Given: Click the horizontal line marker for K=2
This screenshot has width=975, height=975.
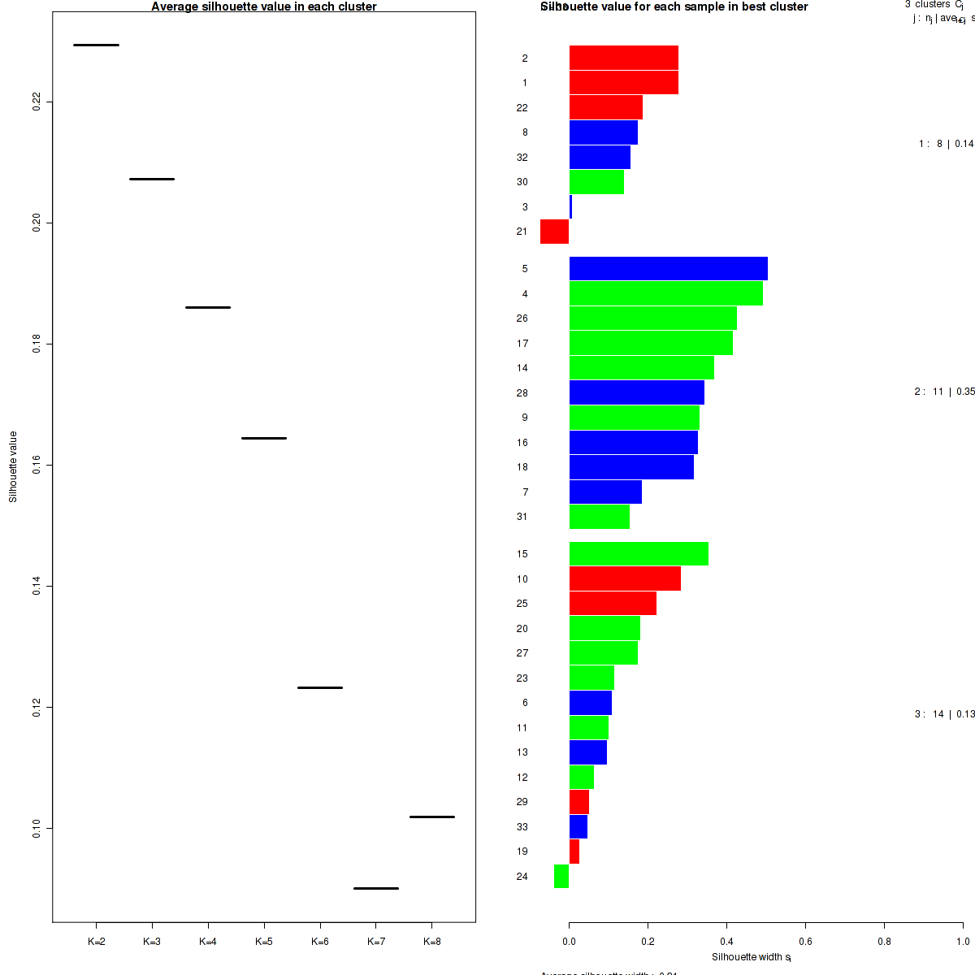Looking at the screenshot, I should click(96, 45).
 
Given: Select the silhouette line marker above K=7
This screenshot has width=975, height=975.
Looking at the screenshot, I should click(376, 888).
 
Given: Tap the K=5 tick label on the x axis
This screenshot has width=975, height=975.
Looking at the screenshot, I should click(263, 942).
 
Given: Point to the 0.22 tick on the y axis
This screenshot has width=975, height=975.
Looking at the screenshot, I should click(37, 102).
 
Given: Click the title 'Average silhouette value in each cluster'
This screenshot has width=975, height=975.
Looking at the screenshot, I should click(264, 6).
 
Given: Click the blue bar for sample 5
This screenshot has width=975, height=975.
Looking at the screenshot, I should click(668, 268).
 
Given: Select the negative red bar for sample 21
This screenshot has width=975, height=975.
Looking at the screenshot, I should click(554, 232).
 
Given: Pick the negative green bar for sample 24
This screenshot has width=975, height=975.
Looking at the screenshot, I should click(561, 876).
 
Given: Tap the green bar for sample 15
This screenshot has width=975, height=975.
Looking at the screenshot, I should click(639, 553).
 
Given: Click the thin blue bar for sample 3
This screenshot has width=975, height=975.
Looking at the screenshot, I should click(570, 206).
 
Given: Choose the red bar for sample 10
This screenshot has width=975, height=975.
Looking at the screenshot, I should click(625, 578).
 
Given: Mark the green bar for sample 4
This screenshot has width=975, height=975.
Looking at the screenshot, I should click(665, 293).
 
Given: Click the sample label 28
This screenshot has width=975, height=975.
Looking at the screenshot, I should click(522, 393).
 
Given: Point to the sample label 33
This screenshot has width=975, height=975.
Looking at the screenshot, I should click(522, 827).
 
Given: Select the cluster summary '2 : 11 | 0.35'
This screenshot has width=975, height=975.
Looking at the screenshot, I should click(944, 392).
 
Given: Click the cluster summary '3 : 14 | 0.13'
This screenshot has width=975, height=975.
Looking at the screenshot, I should click(944, 714).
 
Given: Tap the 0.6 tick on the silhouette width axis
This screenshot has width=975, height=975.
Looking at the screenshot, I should click(805, 942).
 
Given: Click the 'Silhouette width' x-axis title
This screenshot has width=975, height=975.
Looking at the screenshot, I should click(751, 957).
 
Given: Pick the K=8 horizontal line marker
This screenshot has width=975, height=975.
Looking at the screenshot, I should click(432, 817).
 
